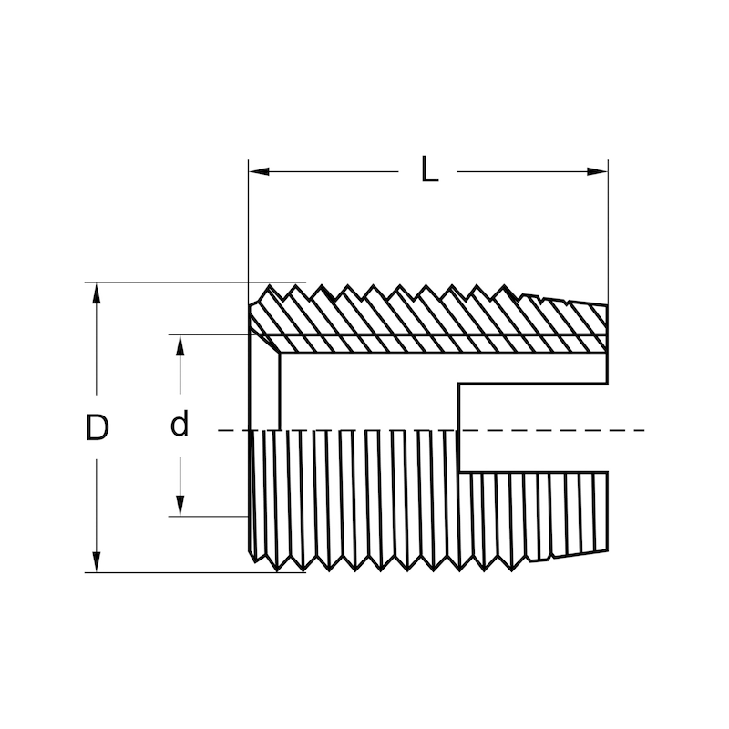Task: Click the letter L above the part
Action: point(429,170)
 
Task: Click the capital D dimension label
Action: point(97,427)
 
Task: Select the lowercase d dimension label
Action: point(180,425)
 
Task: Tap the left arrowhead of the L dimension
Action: point(255,170)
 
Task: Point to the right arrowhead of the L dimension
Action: point(601,170)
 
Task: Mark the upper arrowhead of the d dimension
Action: point(180,342)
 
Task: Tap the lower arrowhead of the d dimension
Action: point(180,508)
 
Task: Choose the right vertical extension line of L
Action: point(608,228)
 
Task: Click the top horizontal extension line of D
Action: point(182,282)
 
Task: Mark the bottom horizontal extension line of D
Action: point(182,572)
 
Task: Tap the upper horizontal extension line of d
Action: point(210,334)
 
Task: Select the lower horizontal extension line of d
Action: point(210,517)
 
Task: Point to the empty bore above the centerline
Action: point(364,392)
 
